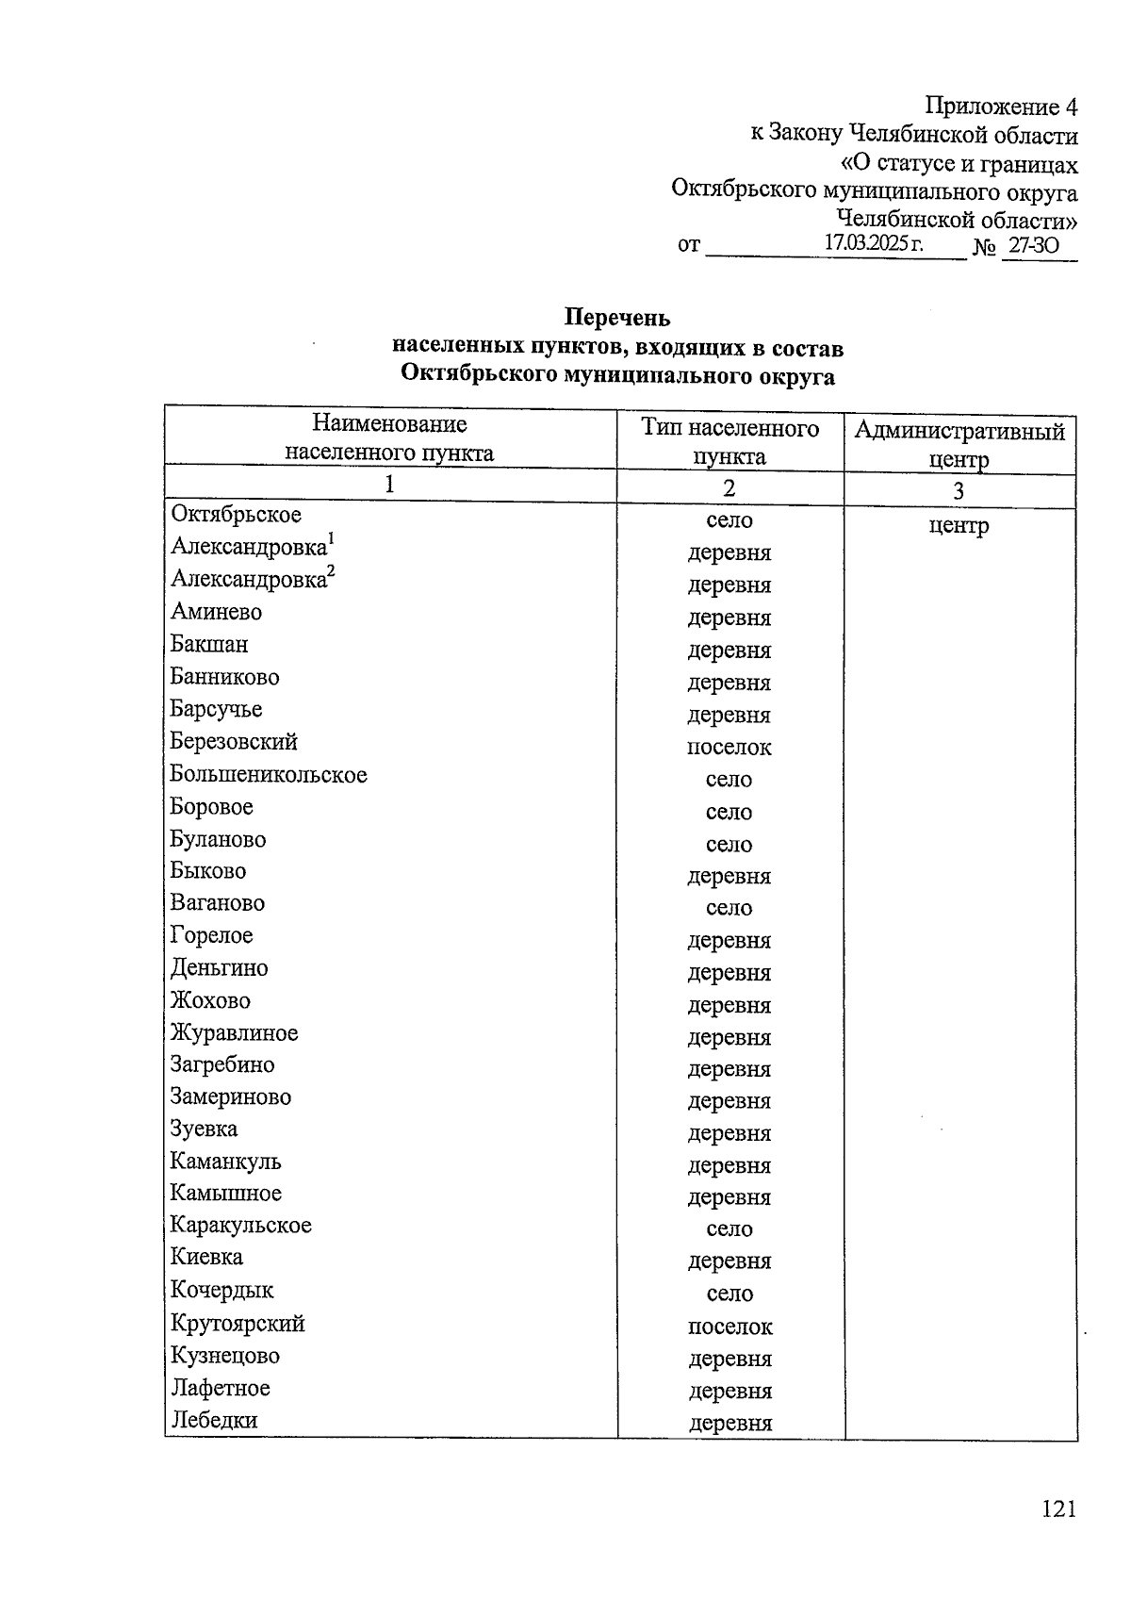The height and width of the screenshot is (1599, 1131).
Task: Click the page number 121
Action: tap(1058, 1509)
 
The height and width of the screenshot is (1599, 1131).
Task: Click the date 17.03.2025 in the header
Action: tap(874, 242)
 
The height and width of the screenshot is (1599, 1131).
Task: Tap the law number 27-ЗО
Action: tap(1033, 247)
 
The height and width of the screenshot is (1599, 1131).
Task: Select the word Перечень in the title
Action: tap(617, 318)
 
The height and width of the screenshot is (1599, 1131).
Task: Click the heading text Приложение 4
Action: tap(1001, 106)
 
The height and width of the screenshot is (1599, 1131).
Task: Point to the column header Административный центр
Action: tap(959, 445)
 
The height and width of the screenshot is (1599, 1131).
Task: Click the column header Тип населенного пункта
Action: tap(729, 442)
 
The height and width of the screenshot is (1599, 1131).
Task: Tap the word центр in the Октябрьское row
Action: tap(959, 525)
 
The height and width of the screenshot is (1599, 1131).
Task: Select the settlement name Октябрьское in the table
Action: tap(236, 515)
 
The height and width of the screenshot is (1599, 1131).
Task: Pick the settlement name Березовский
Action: tap(234, 742)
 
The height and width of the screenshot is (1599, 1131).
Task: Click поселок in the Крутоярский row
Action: tap(729, 1327)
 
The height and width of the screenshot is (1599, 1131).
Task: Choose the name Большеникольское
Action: tap(269, 775)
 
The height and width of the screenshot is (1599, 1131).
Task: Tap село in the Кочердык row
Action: tap(729, 1294)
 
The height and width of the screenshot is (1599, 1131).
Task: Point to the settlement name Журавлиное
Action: tap(234, 1033)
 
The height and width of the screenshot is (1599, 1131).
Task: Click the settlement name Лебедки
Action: tap(214, 1420)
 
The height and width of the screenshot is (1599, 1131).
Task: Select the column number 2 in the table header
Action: tap(729, 488)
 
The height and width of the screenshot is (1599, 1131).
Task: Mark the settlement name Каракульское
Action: tap(240, 1226)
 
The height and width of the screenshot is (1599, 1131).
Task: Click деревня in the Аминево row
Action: tap(729, 618)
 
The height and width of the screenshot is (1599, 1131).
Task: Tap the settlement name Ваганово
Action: tap(218, 903)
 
